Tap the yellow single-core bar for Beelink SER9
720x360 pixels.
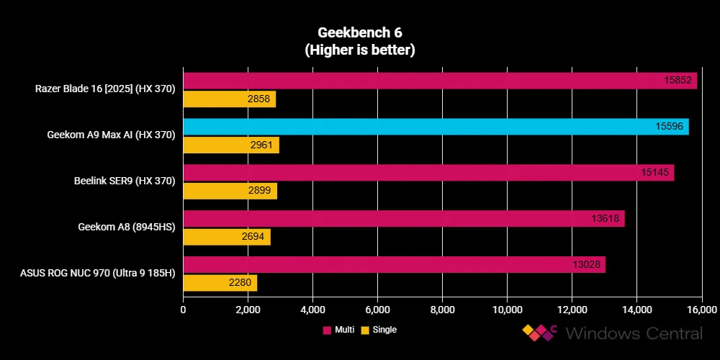click(230, 191)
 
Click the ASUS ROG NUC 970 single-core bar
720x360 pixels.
click(220, 283)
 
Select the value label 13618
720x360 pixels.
click(606, 219)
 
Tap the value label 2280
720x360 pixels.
click(240, 283)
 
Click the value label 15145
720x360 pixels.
click(655, 173)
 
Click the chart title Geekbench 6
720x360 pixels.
click(359, 33)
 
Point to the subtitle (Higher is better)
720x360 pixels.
click(359, 50)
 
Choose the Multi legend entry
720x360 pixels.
click(338, 330)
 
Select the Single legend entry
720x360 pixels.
click(379, 330)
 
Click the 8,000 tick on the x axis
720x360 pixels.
click(442, 310)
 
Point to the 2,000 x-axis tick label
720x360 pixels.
click(248, 310)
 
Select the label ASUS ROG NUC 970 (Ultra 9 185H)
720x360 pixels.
click(104, 274)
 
